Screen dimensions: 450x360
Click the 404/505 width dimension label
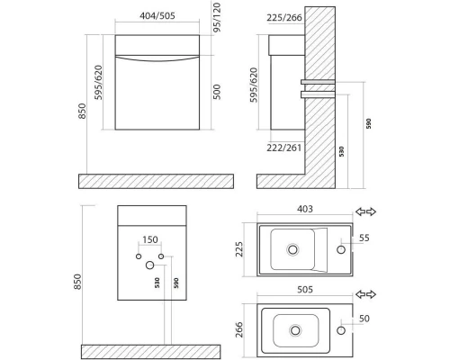pyautogui.click(x=157, y=15)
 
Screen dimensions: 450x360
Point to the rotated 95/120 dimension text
pyautogui.click(x=217, y=17)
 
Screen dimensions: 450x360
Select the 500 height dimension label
pyautogui.click(x=217, y=92)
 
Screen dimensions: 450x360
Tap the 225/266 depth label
pyautogui.click(x=284, y=18)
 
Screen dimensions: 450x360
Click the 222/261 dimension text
pyautogui.click(x=283, y=148)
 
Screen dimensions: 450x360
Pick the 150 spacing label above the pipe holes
pyautogui.click(x=150, y=239)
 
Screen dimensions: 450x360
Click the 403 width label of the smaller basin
pyautogui.click(x=305, y=209)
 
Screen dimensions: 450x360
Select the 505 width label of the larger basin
pyautogui.click(x=305, y=290)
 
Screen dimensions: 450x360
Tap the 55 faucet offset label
pyautogui.click(x=364, y=238)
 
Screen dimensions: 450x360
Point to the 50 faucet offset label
pyautogui.click(x=364, y=319)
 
